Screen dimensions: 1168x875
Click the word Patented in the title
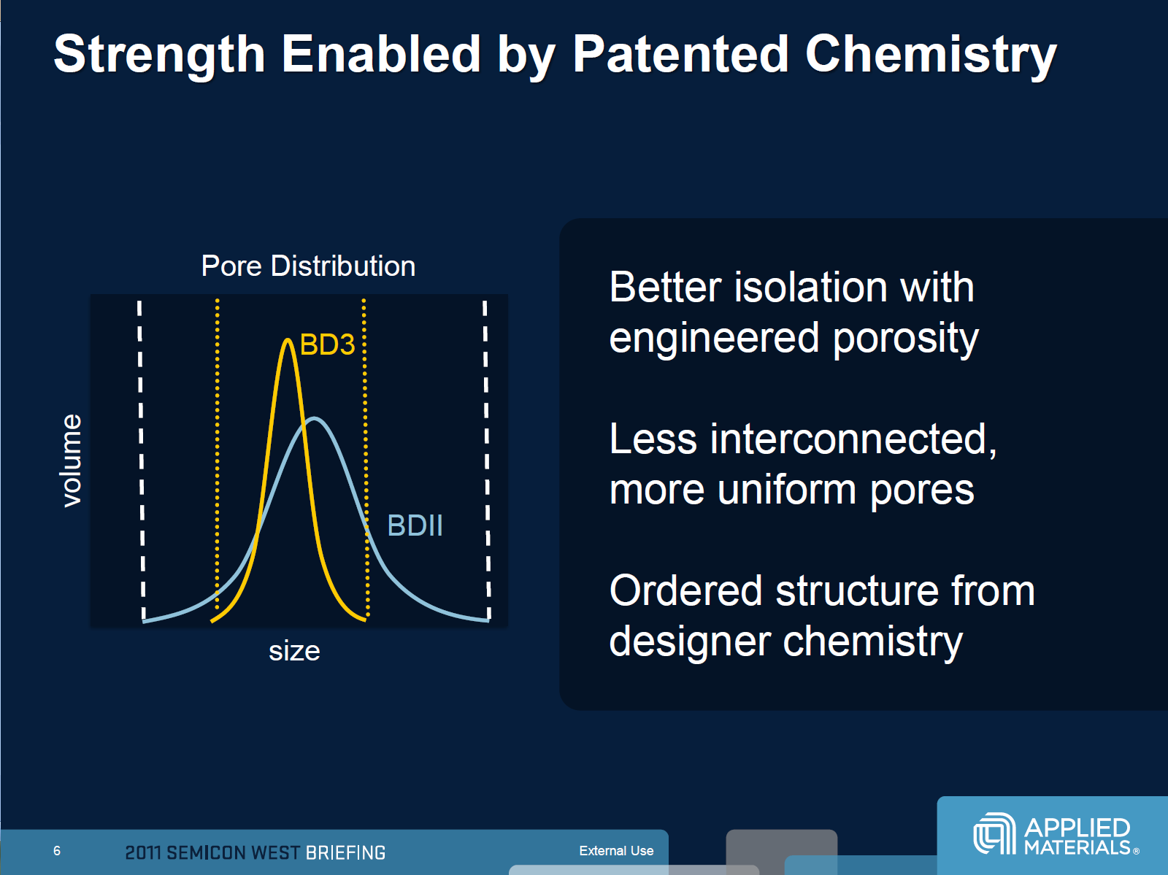[680, 54]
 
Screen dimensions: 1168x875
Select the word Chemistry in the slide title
[931, 56]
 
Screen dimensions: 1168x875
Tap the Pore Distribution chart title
[308, 266]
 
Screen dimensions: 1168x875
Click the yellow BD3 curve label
[327, 344]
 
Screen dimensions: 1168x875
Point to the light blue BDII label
[415, 525]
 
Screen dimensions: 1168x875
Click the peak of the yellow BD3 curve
[288, 340]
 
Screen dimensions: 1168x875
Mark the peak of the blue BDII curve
[315, 419]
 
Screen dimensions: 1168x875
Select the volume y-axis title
[72, 460]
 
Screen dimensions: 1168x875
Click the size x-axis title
[294, 651]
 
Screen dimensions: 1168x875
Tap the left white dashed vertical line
[141, 460]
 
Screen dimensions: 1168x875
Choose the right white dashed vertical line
[487, 460]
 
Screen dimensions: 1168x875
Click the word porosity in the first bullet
[906, 339]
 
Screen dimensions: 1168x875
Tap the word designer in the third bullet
[690, 642]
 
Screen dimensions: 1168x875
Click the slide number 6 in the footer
[57, 850]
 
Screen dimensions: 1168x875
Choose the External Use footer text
[616, 850]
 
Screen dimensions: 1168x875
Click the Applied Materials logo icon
[994, 833]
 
